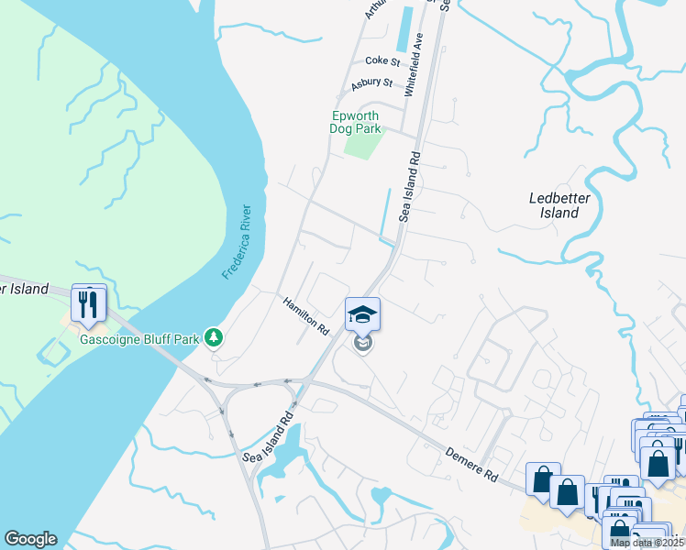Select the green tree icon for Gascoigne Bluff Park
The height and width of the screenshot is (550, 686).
(214, 338)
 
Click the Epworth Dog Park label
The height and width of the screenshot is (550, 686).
(356, 123)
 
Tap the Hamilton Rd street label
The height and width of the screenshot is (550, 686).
(305, 314)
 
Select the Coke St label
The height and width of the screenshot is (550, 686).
(382, 61)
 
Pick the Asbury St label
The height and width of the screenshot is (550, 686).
(371, 83)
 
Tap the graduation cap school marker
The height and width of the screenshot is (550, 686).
(362, 314)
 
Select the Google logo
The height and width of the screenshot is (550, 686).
(30, 539)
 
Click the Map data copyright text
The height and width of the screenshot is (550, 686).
(647, 543)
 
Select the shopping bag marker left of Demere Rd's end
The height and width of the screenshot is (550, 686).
(543, 479)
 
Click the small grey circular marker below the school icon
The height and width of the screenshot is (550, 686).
(363, 345)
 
